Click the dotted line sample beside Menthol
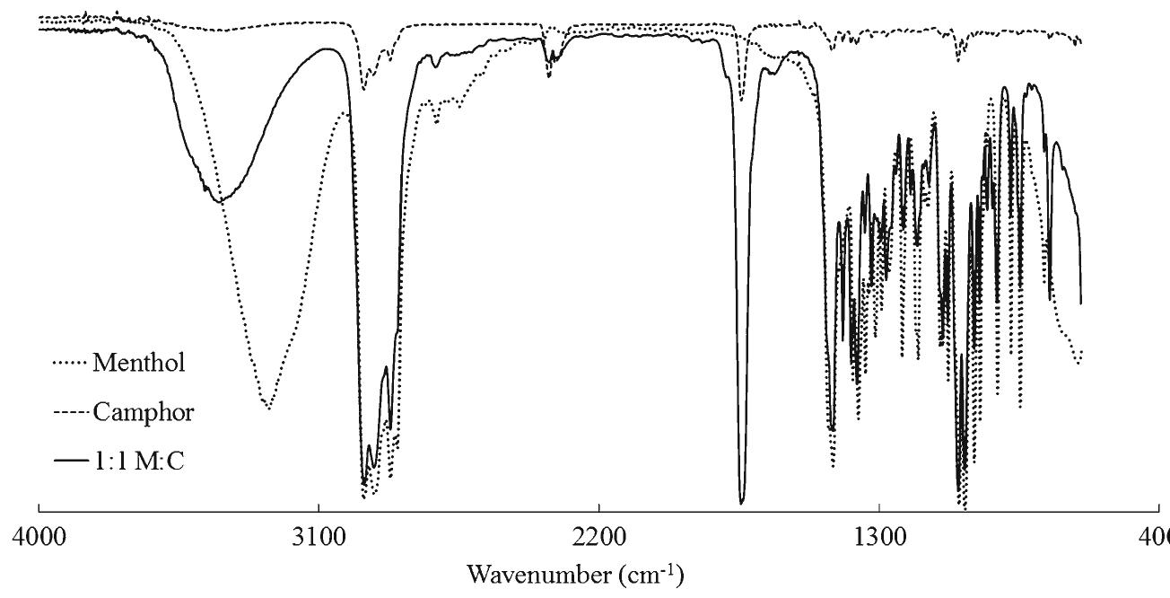[x=71, y=364]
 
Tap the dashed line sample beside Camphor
[x=71, y=413]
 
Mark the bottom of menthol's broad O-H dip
[x=267, y=408]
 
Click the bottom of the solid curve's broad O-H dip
[x=219, y=201]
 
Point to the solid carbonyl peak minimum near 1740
[x=742, y=503]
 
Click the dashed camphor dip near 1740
[x=742, y=101]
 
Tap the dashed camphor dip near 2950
[x=363, y=89]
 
